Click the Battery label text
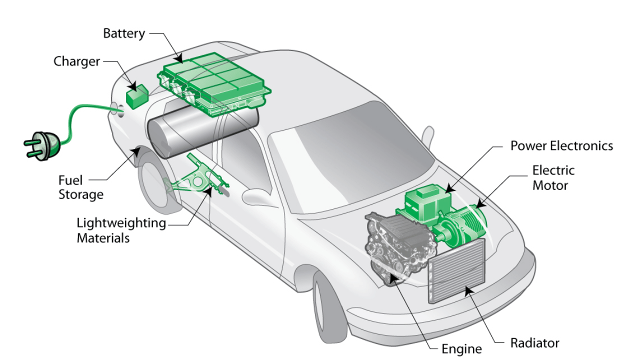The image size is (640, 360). coord(124,33)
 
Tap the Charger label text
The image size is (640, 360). coord(77,61)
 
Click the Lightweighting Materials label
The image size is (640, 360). coord(121,230)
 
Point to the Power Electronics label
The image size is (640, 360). coord(561,145)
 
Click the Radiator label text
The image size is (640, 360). coord(534,343)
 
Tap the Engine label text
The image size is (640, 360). coord(461,348)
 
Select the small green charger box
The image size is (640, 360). coord(136,96)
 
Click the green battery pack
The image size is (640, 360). coord(215,82)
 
